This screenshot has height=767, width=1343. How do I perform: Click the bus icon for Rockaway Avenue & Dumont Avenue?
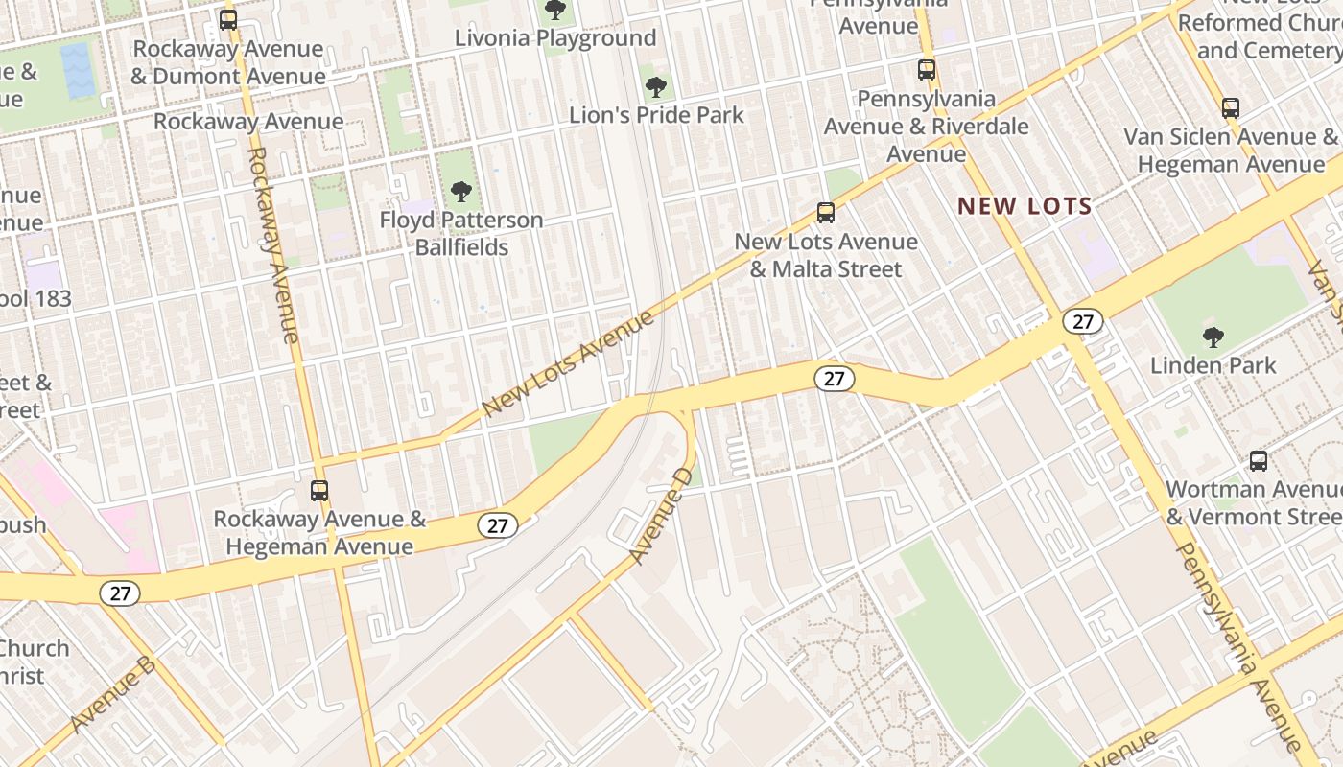pos(228,19)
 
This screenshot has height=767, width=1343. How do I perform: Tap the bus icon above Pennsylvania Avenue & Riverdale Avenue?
pos(926,69)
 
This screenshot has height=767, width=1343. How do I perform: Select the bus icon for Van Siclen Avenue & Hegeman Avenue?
pos(1231,107)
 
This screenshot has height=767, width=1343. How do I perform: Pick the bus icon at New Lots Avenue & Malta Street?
pos(826,212)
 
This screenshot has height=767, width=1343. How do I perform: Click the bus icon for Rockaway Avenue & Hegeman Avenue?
pos(319,491)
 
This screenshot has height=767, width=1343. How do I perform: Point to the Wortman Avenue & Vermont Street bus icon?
pos(1259,461)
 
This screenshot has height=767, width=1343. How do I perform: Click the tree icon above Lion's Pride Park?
pos(656,87)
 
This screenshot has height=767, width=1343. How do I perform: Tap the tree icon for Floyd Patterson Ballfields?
pos(461,192)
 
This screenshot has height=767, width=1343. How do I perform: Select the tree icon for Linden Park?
pos(1213,337)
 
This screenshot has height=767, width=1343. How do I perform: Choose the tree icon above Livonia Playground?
pos(554,11)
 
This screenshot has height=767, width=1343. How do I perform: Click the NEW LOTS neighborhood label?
pos(1025,205)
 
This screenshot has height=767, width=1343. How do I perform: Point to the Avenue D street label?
pos(661,515)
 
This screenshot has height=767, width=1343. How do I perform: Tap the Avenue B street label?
pos(113,693)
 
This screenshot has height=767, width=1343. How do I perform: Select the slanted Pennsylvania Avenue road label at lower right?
pos(1237,648)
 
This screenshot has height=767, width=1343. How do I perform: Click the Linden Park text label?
pos(1213,365)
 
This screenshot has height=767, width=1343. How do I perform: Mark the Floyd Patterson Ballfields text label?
pos(461,233)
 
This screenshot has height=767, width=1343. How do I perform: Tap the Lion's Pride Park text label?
pos(656,115)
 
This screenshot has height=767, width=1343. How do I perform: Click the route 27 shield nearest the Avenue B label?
pos(120,593)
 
